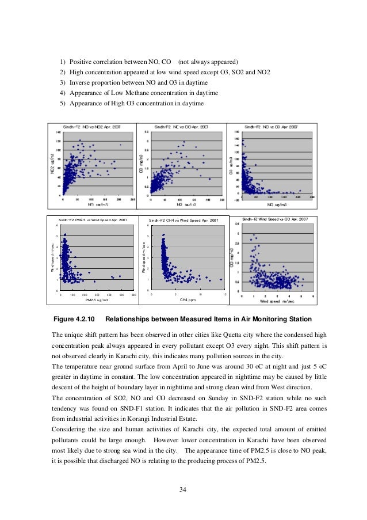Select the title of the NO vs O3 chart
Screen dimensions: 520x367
tap(271, 126)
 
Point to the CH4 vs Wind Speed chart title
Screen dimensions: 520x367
tap(183, 221)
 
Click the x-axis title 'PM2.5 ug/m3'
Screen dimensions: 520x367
tap(97, 300)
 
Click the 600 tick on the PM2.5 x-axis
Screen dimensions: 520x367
tap(133, 294)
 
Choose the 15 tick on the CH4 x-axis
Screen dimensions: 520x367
tap(224, 294)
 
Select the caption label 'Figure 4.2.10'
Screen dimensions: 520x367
tap(74, 319)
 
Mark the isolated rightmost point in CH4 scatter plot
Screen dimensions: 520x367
tap(221, 279)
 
